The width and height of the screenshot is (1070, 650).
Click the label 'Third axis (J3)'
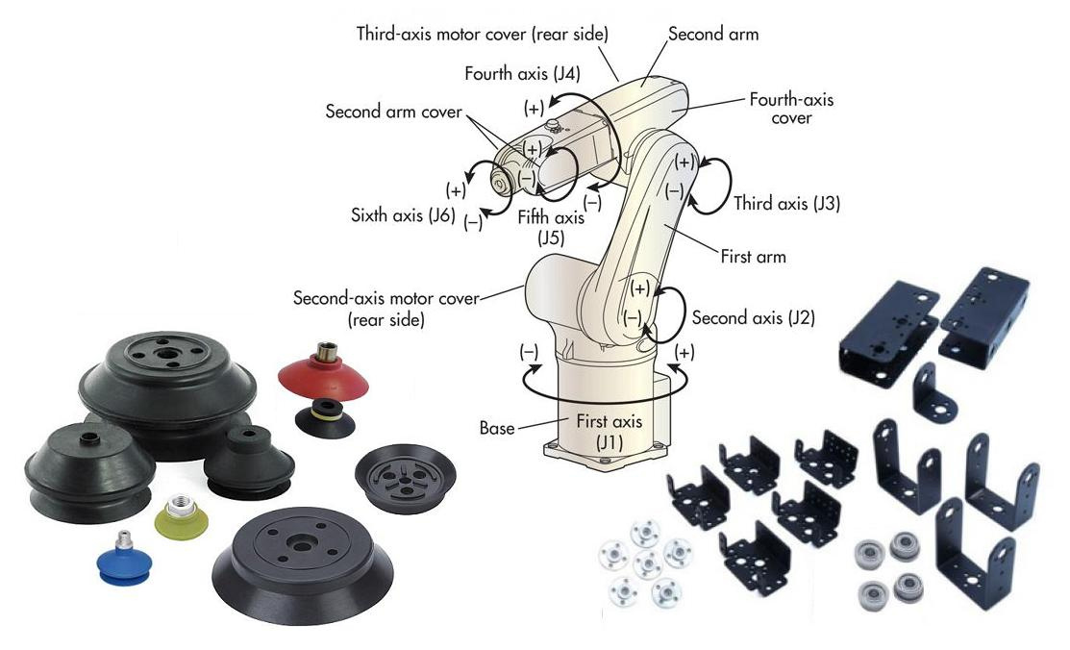[787, 204]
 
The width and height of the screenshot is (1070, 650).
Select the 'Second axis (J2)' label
[753, 317]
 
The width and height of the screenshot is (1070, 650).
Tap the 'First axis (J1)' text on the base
[610, 430]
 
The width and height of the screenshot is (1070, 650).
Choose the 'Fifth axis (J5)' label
[551, 226]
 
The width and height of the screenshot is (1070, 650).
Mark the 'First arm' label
[753, 257]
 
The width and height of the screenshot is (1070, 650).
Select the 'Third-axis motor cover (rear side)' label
[482, 34]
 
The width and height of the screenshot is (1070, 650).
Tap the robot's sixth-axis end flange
[500, 182]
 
